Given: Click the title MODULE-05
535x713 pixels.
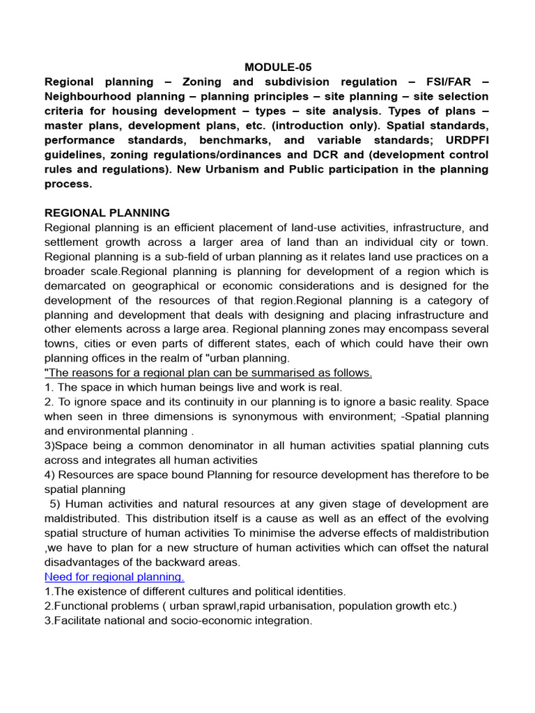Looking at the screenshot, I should (x=278, y=68).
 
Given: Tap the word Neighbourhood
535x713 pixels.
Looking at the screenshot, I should (x=88, y=96).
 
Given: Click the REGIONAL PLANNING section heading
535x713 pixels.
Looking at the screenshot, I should (x=107, y=212).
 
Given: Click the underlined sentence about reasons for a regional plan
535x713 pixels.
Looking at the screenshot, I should (x=208, y=373).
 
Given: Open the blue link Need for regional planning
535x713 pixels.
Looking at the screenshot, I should (x=114, y=577).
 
